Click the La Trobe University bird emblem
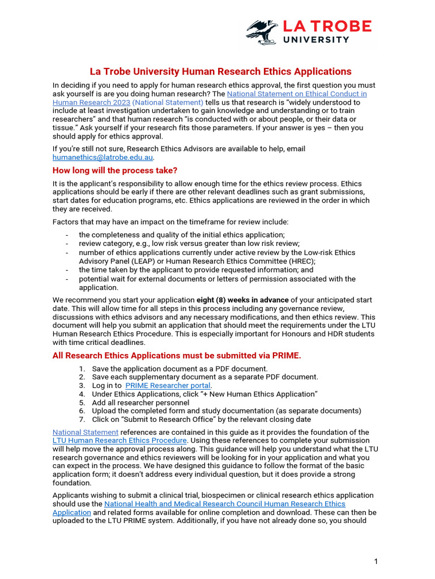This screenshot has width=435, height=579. pyautogui.click(x=262, y=32)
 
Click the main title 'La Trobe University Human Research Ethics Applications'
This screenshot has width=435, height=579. pyautogui.click(x=221, y=71)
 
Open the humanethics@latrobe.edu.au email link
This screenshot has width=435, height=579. pyautogui.click(x=103, y=158)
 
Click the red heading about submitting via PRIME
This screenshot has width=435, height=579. pyautogui.click(x=177, y=356)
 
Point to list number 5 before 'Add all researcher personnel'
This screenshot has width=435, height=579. pyautogui.click(x=82, y=403)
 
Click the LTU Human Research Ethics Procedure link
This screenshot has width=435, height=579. pyautogui.click(x=120, y=440)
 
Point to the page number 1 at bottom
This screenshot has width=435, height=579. pyautogui.click(x=376, y=561)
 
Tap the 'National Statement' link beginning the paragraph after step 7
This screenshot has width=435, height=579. pyautogui.click(x=86, y=432)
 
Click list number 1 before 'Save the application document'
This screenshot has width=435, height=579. pyautogui.click(x=82, y=369)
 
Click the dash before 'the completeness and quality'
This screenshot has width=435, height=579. pyautogui.click(x=67, y=235)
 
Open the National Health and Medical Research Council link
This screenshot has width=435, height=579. pyautogui.click(x=225, y=504)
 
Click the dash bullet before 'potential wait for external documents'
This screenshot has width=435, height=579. pyautogui.click(x=67, y=279)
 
